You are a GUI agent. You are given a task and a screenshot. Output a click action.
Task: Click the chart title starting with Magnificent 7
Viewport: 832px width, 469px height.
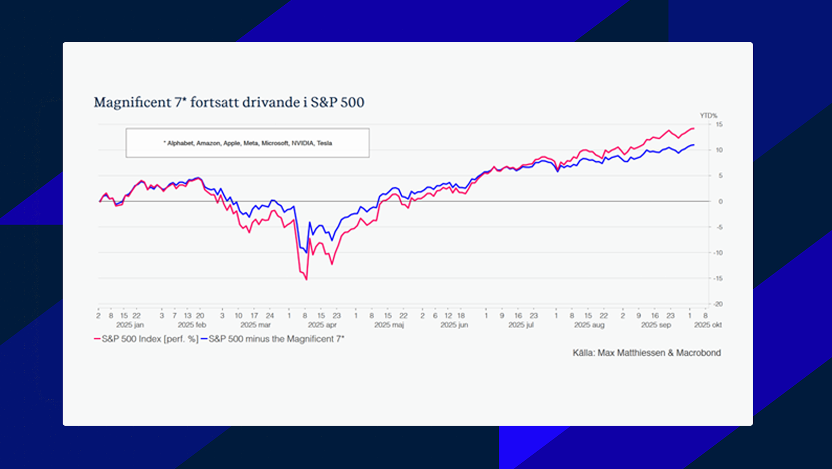[229, 102]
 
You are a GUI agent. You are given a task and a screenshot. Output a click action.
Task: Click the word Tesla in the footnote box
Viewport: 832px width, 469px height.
[324, 143]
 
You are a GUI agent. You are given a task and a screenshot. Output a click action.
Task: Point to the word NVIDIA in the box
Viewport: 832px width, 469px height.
[302, 143]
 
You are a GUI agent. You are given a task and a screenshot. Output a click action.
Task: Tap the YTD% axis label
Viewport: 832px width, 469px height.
[708, 115]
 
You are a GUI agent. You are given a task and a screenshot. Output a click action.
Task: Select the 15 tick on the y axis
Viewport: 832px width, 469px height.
[719, 124]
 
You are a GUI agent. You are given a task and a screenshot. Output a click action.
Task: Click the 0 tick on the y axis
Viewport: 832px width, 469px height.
[720, 201]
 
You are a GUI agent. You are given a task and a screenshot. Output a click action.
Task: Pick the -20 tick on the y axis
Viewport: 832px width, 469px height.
[718, 304]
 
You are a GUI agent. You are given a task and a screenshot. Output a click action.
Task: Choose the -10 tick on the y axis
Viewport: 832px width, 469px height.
[718, 253]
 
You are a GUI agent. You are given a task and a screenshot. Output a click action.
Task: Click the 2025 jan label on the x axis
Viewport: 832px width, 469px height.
[130, 325]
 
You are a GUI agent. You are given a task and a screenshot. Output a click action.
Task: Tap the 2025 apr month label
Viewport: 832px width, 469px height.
[322, 325]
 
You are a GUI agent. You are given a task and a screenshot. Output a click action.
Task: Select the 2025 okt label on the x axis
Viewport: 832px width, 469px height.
[708, 325]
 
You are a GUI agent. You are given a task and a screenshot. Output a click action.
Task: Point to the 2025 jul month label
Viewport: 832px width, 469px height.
[521, 325]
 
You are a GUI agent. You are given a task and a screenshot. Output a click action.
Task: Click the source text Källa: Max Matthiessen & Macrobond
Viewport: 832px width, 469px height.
[647, 353]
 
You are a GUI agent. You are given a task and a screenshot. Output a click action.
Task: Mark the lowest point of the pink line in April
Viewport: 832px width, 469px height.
[306, 279]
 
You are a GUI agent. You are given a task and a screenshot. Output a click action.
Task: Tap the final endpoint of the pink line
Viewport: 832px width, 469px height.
[694, 129]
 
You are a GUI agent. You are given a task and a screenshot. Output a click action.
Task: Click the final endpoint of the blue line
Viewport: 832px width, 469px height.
[694, 145]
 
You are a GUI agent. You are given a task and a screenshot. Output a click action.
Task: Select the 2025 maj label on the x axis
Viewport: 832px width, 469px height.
[389, 325]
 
